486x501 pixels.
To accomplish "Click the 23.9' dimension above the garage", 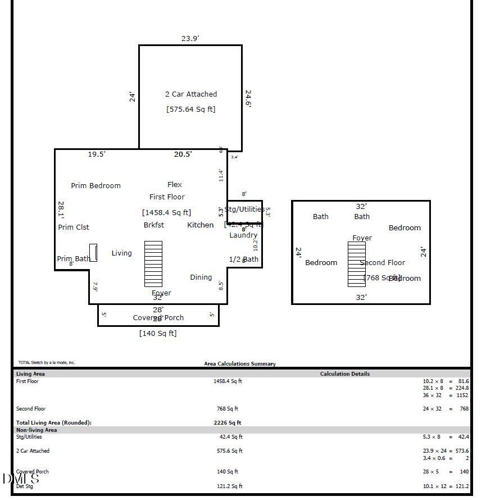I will [x=190, y=39].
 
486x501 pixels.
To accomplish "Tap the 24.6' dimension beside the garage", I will [x=248, y=99].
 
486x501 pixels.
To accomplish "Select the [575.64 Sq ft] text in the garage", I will [x=190, y=109].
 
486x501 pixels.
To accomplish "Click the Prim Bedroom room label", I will [x=96, y=186].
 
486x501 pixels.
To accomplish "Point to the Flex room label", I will [x=175, y=185].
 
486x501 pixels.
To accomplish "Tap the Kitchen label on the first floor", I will [x=200, y=225].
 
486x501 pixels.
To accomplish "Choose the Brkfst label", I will [x=154, y=225].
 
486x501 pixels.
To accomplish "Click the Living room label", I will [x=121, y=253].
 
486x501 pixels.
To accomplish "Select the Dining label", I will [x=201, y=277].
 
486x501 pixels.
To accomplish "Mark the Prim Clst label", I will [x=74, y=227].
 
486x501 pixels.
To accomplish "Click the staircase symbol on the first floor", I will [x=153, y=264].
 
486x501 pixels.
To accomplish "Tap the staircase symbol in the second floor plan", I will [x=356, y=264].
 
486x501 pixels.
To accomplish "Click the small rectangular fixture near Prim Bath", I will [x=93, y=253].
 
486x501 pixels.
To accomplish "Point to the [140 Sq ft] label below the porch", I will [x=158, y=334].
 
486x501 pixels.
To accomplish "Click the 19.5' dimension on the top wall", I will [x=97, y=154].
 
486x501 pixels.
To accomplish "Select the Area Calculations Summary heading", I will [x=240, y=364].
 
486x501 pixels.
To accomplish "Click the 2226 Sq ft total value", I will [x=227, y=423].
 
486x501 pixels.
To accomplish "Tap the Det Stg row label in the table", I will [x=25, y=486].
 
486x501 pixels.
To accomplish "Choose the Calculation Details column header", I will [x=345, y=374].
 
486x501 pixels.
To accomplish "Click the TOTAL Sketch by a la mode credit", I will [x=47, y=363].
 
